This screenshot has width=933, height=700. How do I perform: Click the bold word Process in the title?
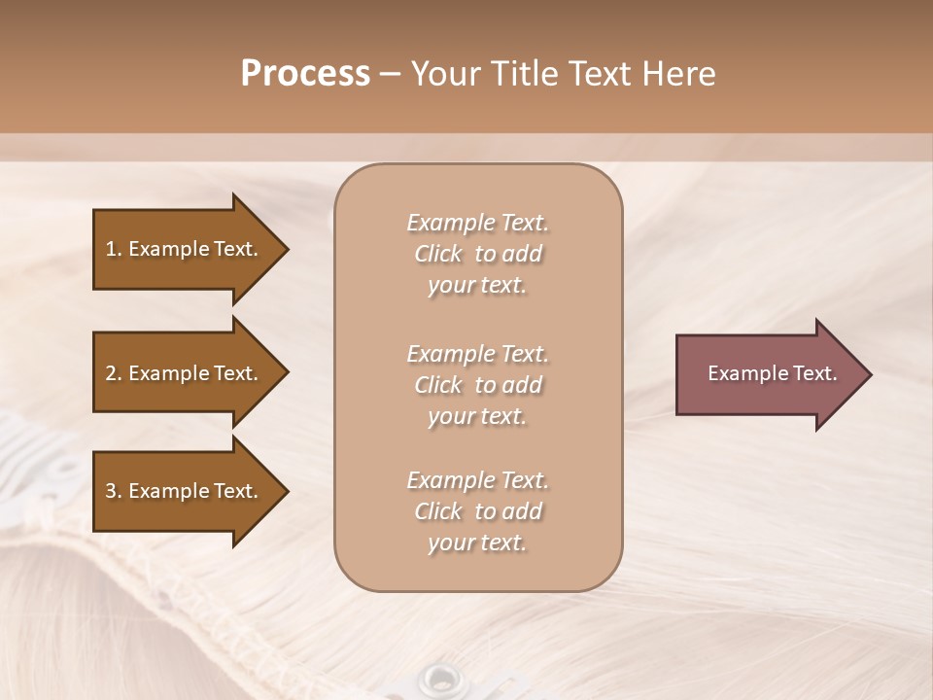pyautogui.click(x=305, y=74)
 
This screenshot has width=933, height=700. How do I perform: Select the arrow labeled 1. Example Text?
pyautogui.click(x=185, y=249)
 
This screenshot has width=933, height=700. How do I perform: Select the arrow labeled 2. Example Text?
pyautogui.click(x=185, y=373)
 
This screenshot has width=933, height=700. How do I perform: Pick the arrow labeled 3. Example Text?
pyautogui.click(x=185, y=491)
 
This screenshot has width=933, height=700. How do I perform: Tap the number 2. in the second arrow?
pyautogui.click(x=113, y=373)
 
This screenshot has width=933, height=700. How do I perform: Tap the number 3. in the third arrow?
pyautogui.click(x=113, y=491)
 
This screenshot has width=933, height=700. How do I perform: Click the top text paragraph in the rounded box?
pyautogui.click(x=477, y=254)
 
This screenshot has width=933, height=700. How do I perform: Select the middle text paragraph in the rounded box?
pyautogui.click(x=477, y=385)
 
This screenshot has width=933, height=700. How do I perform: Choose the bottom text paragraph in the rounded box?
pyautogui.click(x=477, y=511)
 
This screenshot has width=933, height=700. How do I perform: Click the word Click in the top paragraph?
pyautogui.click(x=438, y=254)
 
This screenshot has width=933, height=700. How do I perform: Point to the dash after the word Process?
pyautogui.click(x=390, y=74)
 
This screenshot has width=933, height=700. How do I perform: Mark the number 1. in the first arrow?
pyautogui.click(x=113, y=249)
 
